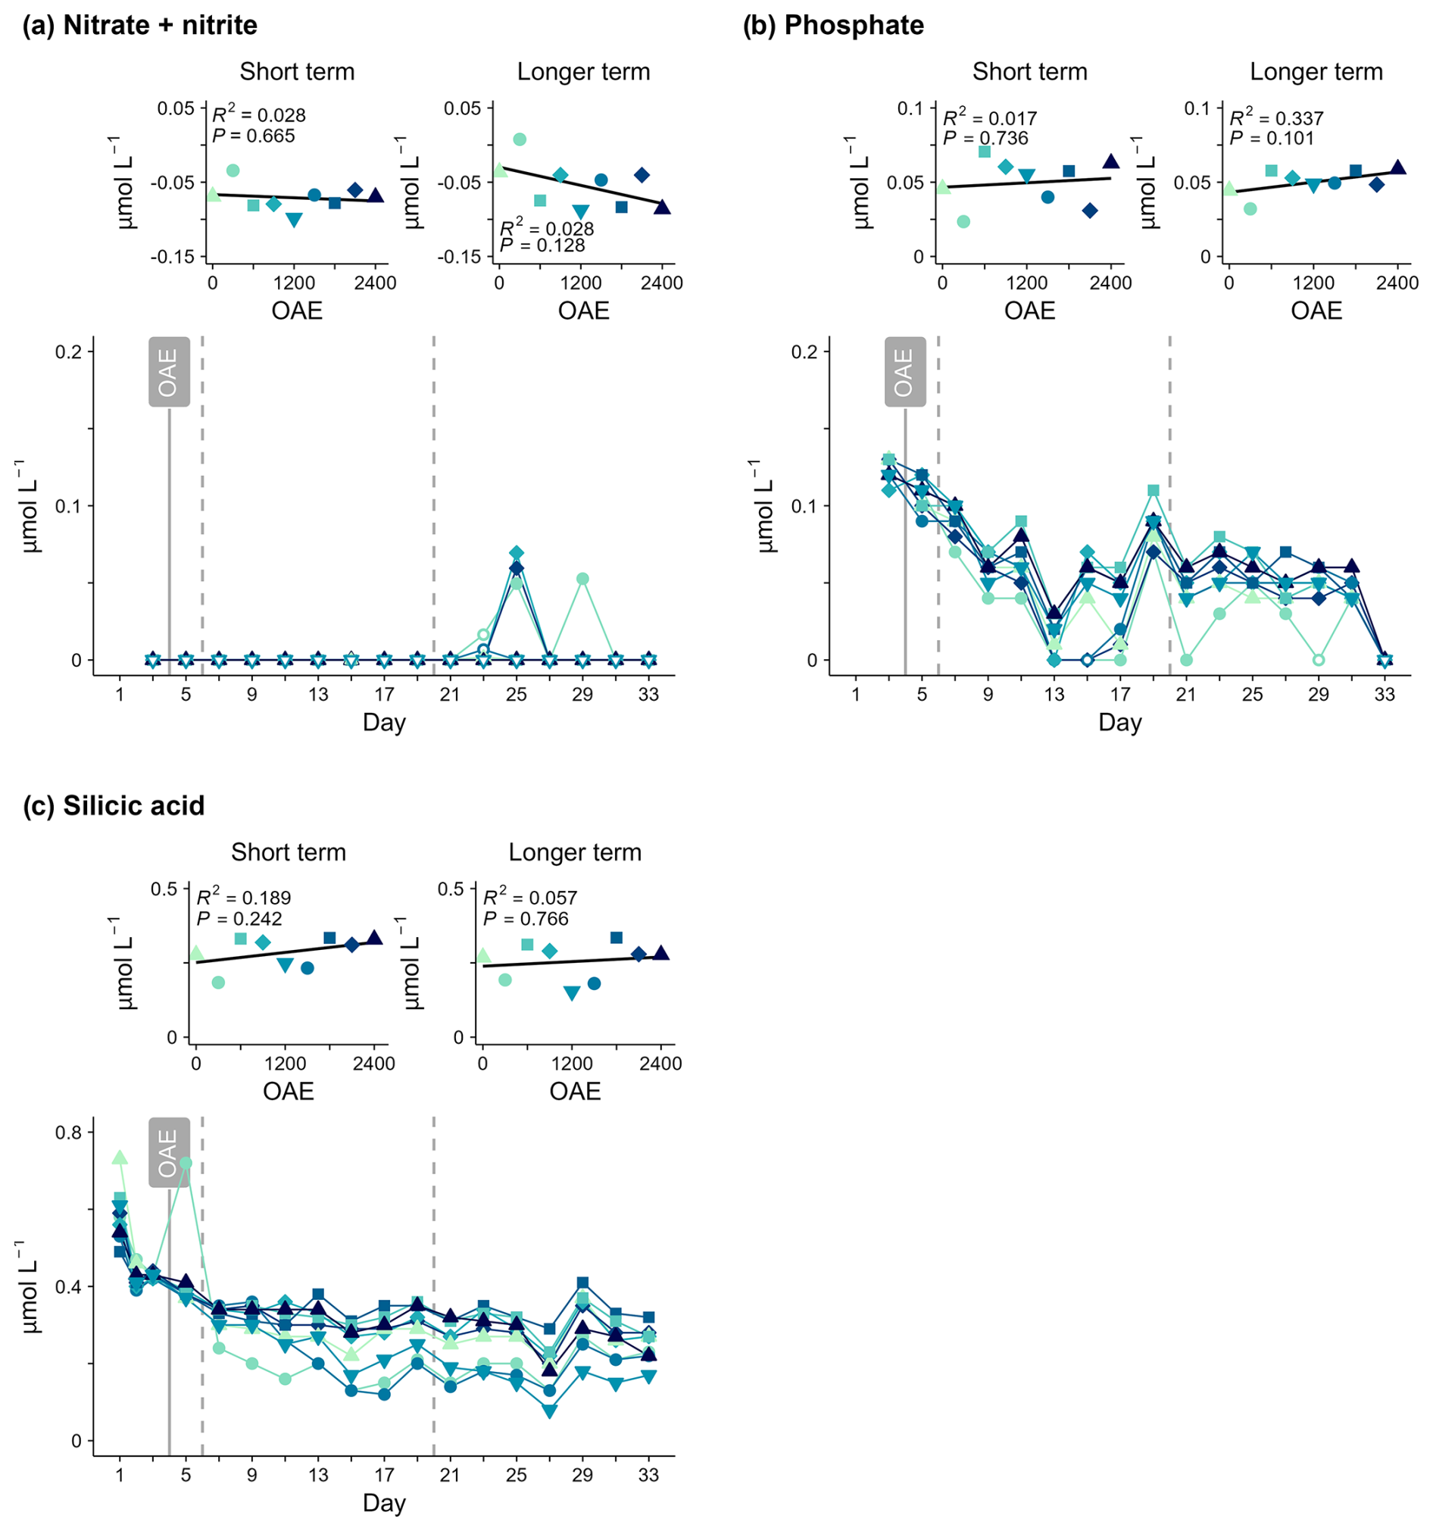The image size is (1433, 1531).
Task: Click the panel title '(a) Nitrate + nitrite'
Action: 140,26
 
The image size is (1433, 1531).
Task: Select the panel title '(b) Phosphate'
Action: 833,26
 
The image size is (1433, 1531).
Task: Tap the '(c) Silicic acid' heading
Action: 114,805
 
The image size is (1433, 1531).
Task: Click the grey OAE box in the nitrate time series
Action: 169,372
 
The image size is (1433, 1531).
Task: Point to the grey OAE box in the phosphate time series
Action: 905,372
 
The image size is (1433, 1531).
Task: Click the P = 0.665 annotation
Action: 253,136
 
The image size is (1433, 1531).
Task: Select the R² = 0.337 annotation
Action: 1277,118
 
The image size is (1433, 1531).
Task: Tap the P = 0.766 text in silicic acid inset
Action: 526,919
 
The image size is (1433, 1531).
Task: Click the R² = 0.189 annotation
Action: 244,898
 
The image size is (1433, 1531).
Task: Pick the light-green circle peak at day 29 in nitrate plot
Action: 583,579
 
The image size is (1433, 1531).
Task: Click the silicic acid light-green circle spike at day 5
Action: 186,1163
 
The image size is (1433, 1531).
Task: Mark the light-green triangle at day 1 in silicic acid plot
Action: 120,1158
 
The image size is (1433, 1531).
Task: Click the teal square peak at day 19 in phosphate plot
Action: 1154,491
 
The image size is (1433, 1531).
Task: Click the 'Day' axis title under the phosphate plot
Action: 1119,723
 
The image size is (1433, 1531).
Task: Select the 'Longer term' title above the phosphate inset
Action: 1316,72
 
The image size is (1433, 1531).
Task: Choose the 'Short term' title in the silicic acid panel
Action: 289,852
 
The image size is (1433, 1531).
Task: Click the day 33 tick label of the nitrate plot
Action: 648,695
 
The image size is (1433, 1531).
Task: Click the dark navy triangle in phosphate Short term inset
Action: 1110,161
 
